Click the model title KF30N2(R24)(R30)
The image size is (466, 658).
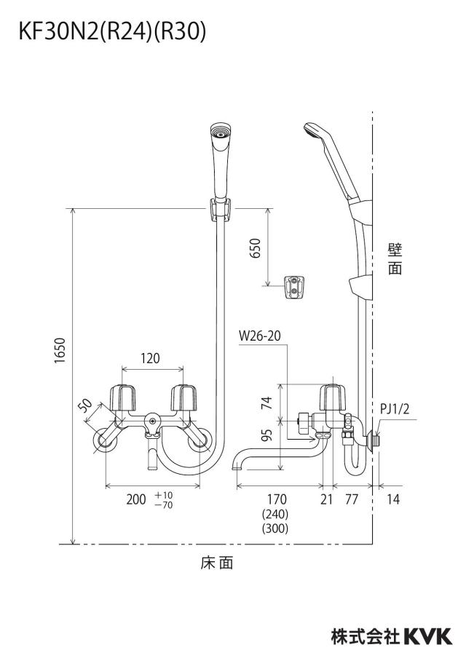pyautogui.click(x=113, y=32)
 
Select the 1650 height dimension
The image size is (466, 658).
pyautogui.click(x=60, y=351)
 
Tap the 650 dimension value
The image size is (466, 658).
pyautogui.click(x=256, y=248)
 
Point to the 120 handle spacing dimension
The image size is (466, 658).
pyautogui.click(x=150, y=358)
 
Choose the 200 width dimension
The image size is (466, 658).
pyautogui.click(x=136, y=499)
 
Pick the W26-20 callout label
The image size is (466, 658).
pyautogui.click(x=259, y=336)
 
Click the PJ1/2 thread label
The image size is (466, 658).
pyautogui.click(x=394, y=408)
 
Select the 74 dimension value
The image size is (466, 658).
pyautogui.click(x=266, y=403)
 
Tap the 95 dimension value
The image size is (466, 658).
pyautogui.click(x=266, y=435)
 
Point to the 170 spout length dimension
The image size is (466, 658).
pyautogui.click(x=277, y=499)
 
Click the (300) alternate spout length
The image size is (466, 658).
pyautogui.click(x=275, y=528)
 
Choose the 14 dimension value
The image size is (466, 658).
pyautogui.click(x=393, y=499)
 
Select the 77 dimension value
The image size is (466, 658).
pyautogui.click(x=352, y=499)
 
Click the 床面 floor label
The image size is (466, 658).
pyautogui.click(x=217, y=563)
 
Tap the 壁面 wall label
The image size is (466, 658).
pyautogui.click(x=395, y=259)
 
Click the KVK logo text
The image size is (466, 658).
pyautogui.click(x=428, y=636)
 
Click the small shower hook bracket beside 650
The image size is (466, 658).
pyautogui.click(x=294, y=288)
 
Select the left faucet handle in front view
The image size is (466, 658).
pyautogui.click(x=123, y=397)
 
